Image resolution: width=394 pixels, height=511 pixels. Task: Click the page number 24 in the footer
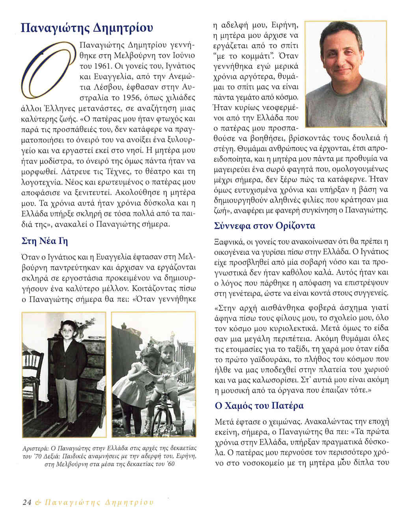27,502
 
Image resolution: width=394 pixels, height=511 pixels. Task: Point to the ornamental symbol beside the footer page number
38,502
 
